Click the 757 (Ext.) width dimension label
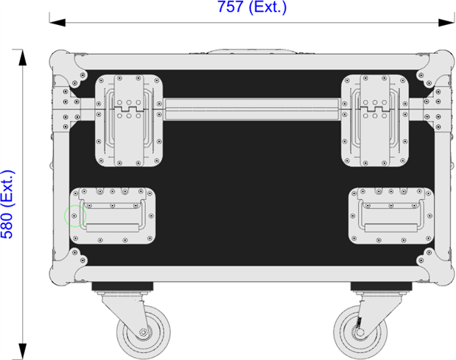click(x=252, y=7)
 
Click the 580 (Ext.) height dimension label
click(x=8, y=204)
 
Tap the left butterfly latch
click(x=129, y=121)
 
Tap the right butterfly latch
click(x=375, y=121)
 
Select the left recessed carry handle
click(x=112, y=216)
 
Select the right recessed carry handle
click(x=391, y=216)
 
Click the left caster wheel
click(x=143, y=332)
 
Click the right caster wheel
click(x=360, y=332)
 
